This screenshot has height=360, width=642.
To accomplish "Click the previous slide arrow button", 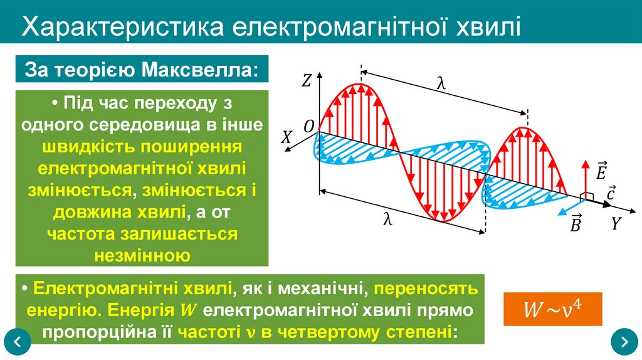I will coord(17,342).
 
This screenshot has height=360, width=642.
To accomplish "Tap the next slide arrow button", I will coord(624,342).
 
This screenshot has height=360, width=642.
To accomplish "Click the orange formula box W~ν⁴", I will coord(552,309).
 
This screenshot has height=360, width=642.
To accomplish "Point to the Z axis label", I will coord(307,80).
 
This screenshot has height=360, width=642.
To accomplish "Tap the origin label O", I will coord(309,126).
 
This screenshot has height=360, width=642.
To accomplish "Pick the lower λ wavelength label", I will coord(388,220).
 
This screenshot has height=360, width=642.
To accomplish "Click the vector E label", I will coord(601,170).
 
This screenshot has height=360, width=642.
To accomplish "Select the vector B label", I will coord(575,224).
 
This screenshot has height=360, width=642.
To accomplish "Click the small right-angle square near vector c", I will coord(587,196).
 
